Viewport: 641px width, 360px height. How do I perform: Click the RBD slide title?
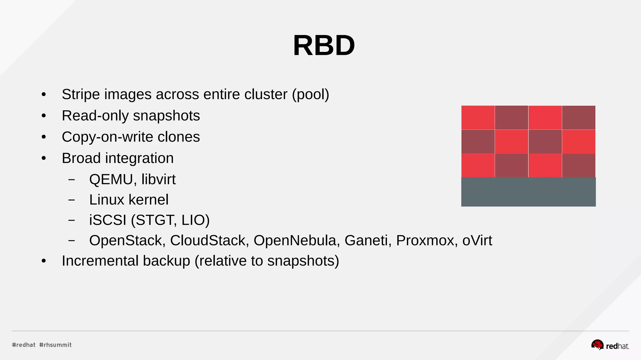tap(324, 45)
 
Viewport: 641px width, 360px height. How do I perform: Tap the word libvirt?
tap(158, 179)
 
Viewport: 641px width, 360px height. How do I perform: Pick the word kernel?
tap(148, 200)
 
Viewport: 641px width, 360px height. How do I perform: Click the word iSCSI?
tap(108, 220)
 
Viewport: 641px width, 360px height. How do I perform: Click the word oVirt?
tap(477, 240)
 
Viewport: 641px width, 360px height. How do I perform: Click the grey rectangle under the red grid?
tap(528, 192)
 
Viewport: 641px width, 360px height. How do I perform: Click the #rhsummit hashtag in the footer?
tap(55, 345)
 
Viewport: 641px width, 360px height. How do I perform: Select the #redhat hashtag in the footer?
tap(24, 345)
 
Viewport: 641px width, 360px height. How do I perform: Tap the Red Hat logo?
tap(610, 345)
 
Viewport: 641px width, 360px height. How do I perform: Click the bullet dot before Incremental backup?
tap(44, 261)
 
